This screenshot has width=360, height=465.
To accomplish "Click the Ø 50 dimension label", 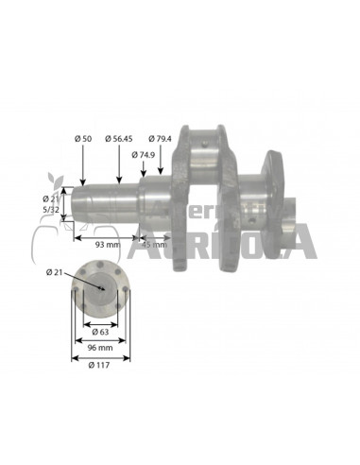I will pos(84,140).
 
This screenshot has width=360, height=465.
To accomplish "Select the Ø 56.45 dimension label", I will pos(120,140).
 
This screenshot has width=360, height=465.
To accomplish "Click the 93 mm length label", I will pos(107,245).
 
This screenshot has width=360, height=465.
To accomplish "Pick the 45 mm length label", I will pos(153,245).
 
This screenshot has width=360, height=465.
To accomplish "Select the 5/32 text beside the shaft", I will pos(53,209).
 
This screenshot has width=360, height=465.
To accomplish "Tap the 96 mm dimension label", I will pos(99,348).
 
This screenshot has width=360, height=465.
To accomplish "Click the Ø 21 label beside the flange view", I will pos(54,273).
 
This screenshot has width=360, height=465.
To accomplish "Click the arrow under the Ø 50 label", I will pos(84,164).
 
